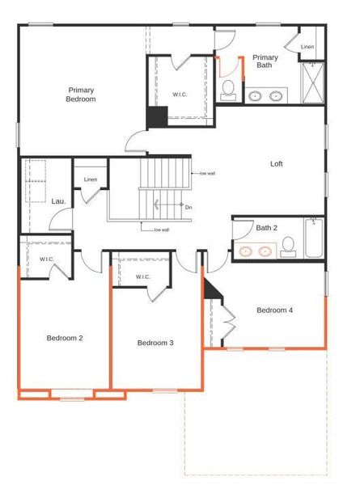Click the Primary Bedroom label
[x=81, y=94]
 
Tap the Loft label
[x=277, y=164]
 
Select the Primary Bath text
[x=265, y=61]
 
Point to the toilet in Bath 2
[x=288, y=251]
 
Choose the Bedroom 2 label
[x=65, y=337]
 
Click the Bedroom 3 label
[x=155, y=343]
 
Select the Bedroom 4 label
[x=274, y=310]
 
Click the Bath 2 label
[x=267, y=228]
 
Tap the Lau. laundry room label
[x=58, y=201]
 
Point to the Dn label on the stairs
[x=188, y=208]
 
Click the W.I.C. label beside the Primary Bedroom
[x=180, y=95]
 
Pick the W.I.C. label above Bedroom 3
[x=143, y=277]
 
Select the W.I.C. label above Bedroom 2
[x=46, y=259]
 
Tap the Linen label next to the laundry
[x=91, y=179]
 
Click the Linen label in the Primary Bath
[x=307, y=48]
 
